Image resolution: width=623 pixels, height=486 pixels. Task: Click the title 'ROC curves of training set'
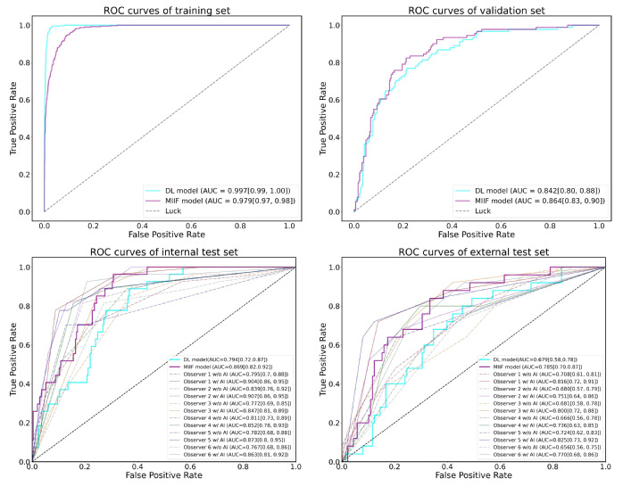click(x=167, y=12)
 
